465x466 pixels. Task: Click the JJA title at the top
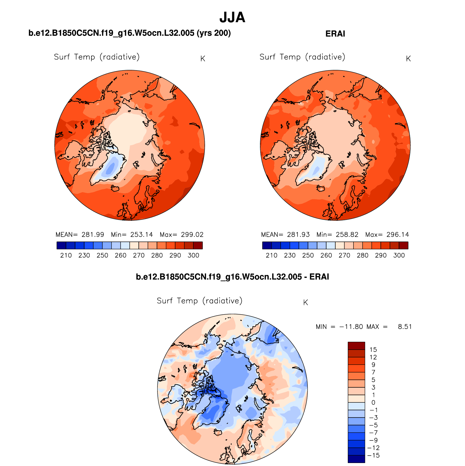coord(232,17)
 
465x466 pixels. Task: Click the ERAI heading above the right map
coord(335,34)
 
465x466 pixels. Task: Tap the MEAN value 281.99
coord(93,235)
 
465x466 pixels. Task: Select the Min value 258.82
coord(347,235)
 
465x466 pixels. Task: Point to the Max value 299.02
coord(192,235)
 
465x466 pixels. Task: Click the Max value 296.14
coord(398,235)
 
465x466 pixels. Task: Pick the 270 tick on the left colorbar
coord(139,256)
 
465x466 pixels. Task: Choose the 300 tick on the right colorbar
coord(399,256)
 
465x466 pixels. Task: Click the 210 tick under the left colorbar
coord(66,256)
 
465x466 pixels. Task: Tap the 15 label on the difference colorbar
coord(373,350)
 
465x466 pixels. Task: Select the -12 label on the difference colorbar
coord(373,448)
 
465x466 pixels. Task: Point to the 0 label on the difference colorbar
coord(373,402)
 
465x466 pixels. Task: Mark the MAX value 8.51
coord(405,327)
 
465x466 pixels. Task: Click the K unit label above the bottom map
coord(305,303)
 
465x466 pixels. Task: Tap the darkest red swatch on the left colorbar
coord(198,246)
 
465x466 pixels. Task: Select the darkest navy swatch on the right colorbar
coord(267,246)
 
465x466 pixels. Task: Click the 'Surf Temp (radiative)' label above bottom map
coord(199,301)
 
